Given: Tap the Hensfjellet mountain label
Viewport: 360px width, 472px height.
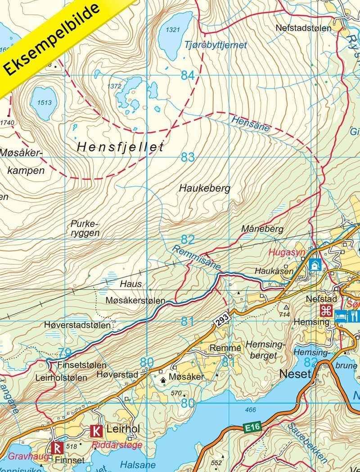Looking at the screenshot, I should pyautogui.click(x=120, y=147).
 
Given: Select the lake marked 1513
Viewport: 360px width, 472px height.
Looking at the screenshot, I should pyautogui.click(x=44, y=103).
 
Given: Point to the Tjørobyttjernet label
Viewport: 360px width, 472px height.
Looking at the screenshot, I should pyautogui.click(x=216, y=45).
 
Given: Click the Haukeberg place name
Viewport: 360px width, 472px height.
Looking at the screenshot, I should pyautogui.click(x=204, y=188).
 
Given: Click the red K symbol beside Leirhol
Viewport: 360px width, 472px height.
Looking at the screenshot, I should pyautogui.click(x=96, y=431).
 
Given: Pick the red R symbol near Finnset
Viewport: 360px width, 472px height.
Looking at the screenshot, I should pyautogui.click(x=57, y=448).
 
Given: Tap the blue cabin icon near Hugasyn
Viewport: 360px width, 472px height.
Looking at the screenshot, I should pyautogui.click(x=315, y=264).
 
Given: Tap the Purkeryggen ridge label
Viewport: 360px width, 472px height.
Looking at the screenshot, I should pyautogui.click(x=85, y=228).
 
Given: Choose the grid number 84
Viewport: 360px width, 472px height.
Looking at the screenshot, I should pyautogui.click(x=188, y=75).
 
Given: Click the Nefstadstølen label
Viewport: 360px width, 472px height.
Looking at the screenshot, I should pyautogui.click(x=303, y=28).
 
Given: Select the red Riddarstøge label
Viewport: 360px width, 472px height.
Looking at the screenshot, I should pyautogui.click(x=117, y=445).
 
